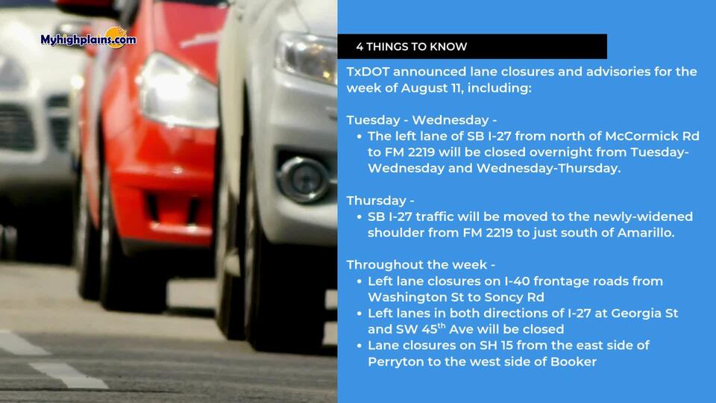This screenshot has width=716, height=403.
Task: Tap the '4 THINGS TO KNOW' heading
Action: click(x=412, y=46)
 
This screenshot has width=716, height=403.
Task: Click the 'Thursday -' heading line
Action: click(x=380, y=201)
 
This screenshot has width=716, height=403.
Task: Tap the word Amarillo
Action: click(x=646, y=233)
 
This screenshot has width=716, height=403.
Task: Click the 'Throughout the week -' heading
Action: click(x=421, y=265)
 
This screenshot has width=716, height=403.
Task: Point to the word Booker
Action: click(x=574, y=362)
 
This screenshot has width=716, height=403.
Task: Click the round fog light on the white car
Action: click(x=304, y=178)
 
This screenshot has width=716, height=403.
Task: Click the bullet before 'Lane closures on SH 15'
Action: click(x=359, y=346)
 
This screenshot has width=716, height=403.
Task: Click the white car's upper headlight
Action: click(x=305, y=57)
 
